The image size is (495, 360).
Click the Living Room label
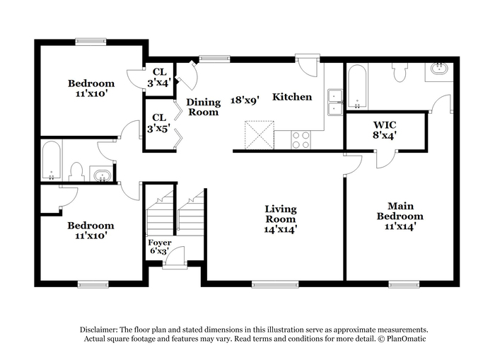pos(281,219)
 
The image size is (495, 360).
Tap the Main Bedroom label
pos(400,216)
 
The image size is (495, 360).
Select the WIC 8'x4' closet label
pos(385,131)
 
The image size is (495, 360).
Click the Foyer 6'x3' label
pos(159,247)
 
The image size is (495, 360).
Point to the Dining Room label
pos(203,107)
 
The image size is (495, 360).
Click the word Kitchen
pos(292,97)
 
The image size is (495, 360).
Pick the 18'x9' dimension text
pos(245,100)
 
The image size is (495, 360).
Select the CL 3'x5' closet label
pos(156,122)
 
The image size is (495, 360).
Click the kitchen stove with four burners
pos(301,140)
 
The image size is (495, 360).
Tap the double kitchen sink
pos(335,103)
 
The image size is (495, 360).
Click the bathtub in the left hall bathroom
pos(51,161)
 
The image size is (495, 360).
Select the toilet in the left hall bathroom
pos(77,171)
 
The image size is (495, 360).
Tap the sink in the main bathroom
pos(440,70)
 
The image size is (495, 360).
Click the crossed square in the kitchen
pos(259,134)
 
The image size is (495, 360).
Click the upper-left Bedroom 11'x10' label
pos(91,88)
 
